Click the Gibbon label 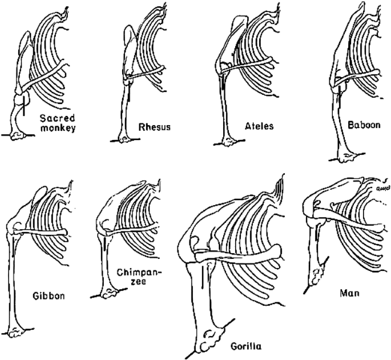point(49,297)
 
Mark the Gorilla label point(248,346)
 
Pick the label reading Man point(349,291)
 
